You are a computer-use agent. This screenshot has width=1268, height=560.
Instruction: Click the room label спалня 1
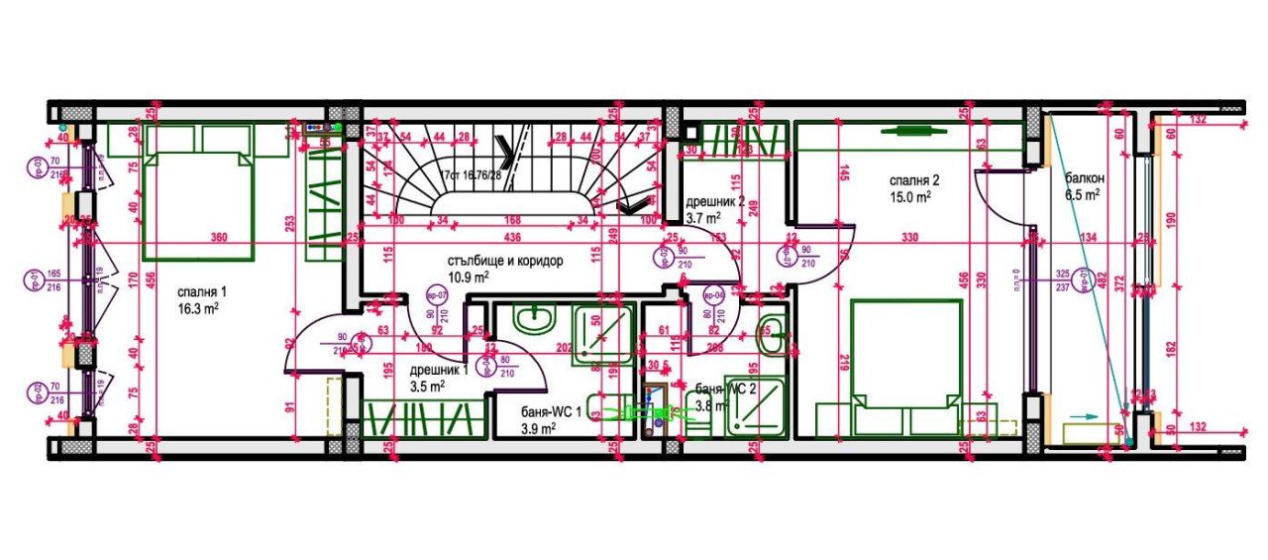pos(202,292)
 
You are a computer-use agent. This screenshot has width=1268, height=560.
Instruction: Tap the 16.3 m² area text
pos(198,308)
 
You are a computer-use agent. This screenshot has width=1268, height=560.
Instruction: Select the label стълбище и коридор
pos(505,261)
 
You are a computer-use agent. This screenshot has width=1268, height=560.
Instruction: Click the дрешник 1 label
pos(439,371)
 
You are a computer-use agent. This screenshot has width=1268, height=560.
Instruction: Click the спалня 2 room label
pos(912,180)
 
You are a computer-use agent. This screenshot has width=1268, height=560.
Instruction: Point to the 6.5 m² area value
pos(1083,196)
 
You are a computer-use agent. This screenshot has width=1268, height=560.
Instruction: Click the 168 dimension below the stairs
pos(513,220)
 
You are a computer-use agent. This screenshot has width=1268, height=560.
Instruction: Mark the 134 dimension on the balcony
pos(1089,238)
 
